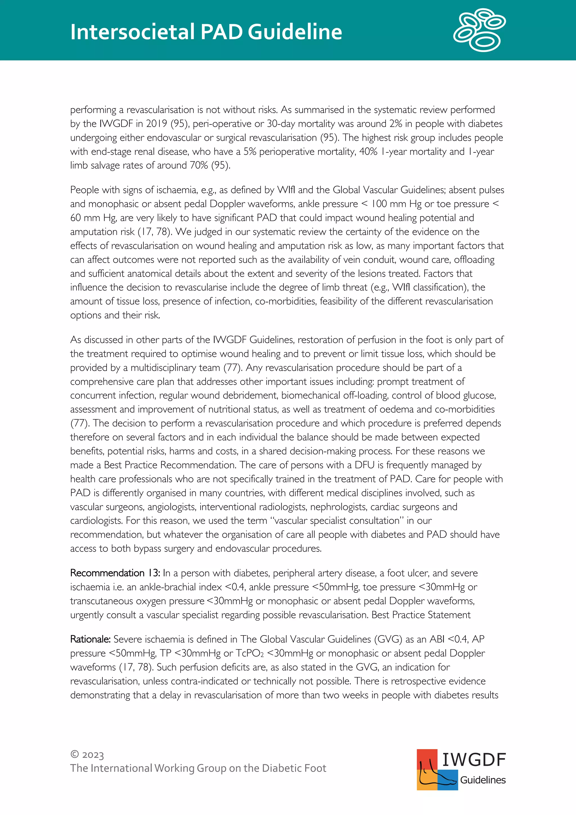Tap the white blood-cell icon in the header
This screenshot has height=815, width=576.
point(480,30)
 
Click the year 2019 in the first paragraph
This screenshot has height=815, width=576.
point(156,124)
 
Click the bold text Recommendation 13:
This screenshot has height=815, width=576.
point(115,573)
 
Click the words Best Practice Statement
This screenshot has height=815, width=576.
point(421,615)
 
